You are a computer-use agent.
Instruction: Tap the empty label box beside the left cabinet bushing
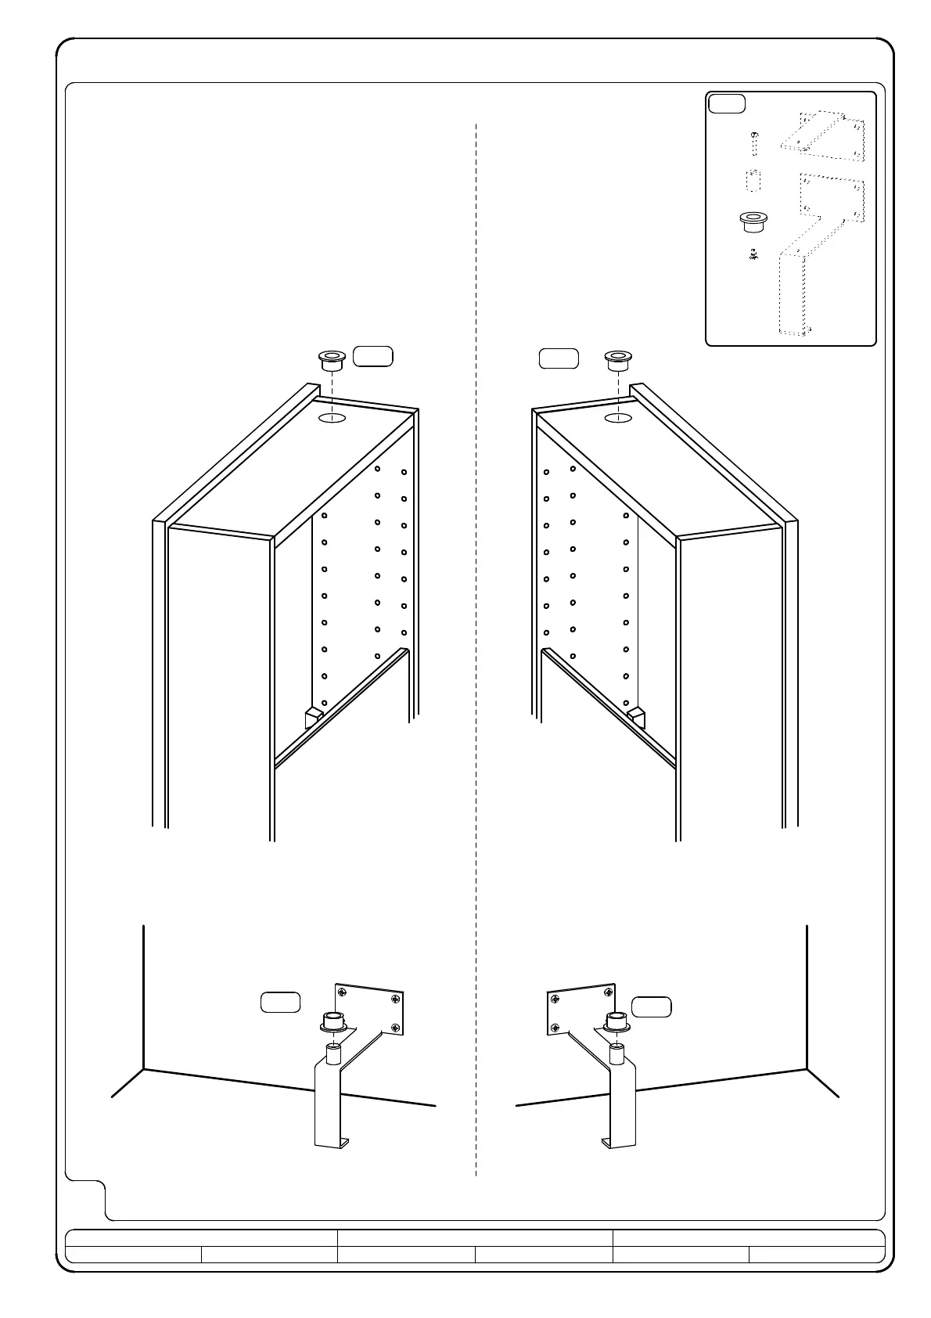coord(373,356)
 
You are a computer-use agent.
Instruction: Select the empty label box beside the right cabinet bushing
coord(559,358)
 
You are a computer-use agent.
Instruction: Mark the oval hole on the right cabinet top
coord(618,419)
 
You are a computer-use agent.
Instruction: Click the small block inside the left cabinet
coord(312,718)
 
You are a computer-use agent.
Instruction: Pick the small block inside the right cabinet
coord(638,718)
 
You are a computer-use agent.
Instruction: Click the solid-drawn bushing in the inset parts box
coord(753,221)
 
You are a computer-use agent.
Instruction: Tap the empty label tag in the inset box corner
coord(726,103)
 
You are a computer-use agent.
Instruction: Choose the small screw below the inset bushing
coord(753,254)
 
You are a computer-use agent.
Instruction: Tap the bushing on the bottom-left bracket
coord(332,1021)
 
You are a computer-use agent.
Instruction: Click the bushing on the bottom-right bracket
coord(616,1021)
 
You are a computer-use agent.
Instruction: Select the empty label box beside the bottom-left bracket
coord(280,1003)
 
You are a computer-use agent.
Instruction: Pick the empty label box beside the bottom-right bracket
coord(651,1007)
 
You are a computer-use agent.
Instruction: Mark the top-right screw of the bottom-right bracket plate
coord(605,991)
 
